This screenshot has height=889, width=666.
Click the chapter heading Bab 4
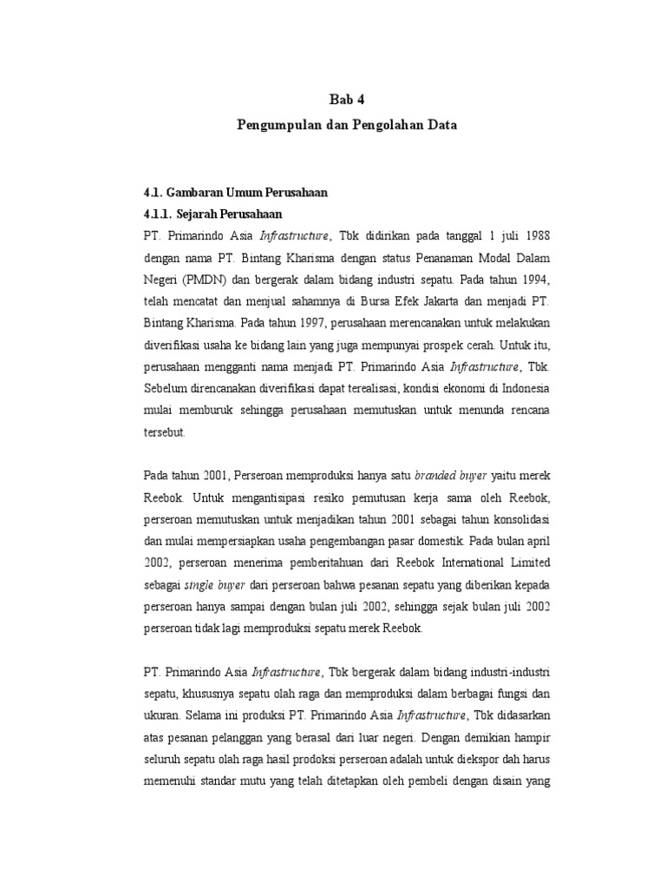click(x=347, y=100)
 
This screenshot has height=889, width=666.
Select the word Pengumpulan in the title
click(x=275, y=125)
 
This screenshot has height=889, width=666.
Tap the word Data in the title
click(x=440, y=125)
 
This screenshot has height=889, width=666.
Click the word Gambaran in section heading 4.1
click(x=200, y=193)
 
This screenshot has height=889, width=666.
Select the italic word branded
click(x=438, y=474)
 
